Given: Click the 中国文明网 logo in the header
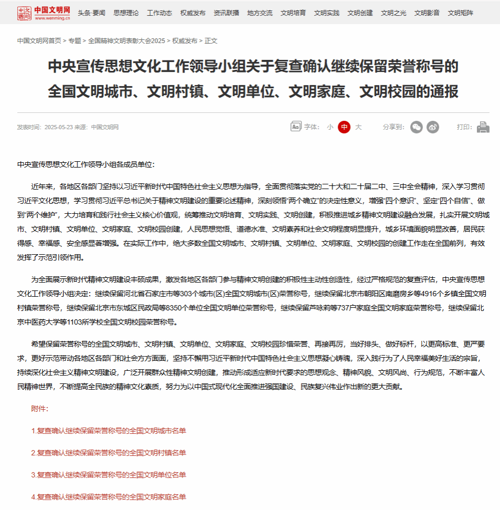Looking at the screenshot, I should (44, 13).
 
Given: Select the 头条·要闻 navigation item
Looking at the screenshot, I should (91, 13).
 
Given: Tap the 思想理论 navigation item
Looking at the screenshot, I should (126, 13).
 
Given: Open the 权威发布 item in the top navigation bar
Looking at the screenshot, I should (193, 13).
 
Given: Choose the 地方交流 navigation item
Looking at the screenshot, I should (260, 13).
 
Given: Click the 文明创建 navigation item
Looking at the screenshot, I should (360, 13).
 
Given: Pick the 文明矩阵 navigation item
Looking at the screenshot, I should (460, 13).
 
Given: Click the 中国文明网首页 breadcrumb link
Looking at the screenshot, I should (39, 40).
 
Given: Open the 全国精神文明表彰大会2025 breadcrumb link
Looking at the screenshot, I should (126, 40).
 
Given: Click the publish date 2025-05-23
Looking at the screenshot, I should (58, 127).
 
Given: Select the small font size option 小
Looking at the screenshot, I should (330, 127).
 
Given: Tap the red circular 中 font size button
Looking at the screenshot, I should (344, 127).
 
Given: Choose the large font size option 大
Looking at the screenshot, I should (358, 127).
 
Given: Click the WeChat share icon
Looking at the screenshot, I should (416, 127).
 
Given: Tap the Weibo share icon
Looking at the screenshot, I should (433, 127).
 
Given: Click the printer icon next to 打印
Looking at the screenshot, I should (483, 127).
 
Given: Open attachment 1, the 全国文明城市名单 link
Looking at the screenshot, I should (109, 431).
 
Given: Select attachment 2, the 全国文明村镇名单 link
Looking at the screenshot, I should (109, 453).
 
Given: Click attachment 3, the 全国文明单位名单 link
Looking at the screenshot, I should (109, 475).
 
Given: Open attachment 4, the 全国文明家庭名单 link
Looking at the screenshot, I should (109, 497).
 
